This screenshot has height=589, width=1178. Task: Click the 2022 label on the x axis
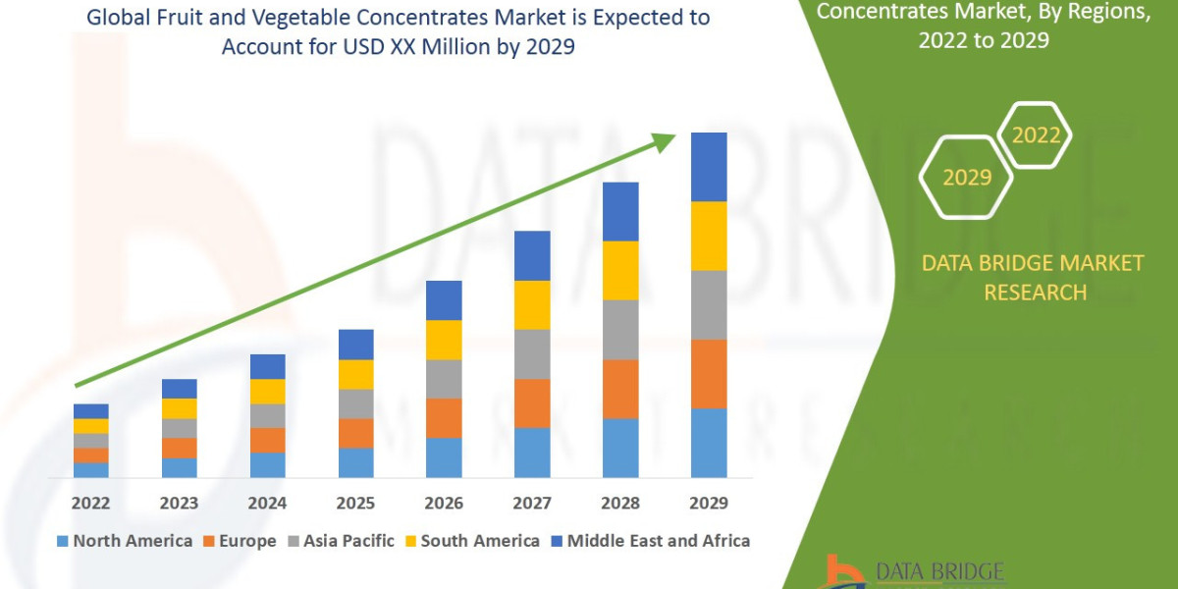click(x=90, y=504)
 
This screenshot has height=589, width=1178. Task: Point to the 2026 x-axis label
click(x=444, y=504)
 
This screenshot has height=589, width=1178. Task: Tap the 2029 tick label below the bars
click(x=709, y=504)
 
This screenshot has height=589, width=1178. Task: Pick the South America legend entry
click(x=471, y=541)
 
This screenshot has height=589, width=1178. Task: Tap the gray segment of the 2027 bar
click(x=532, y=353)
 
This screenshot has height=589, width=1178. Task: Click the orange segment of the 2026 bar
click(x=444, y=417)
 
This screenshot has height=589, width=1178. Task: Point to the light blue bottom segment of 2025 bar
click(x=355, y=462)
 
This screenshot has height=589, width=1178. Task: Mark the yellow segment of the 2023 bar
click(x=179, y=408)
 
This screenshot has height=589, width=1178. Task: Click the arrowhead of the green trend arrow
click(x=665, y=141)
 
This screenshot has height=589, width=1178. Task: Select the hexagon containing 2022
click(x=1035, y=135)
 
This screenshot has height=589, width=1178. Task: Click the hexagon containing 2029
click(x=966, y=178)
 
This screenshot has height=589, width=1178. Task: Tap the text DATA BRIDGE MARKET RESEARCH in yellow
click(x=1034, y=278)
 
